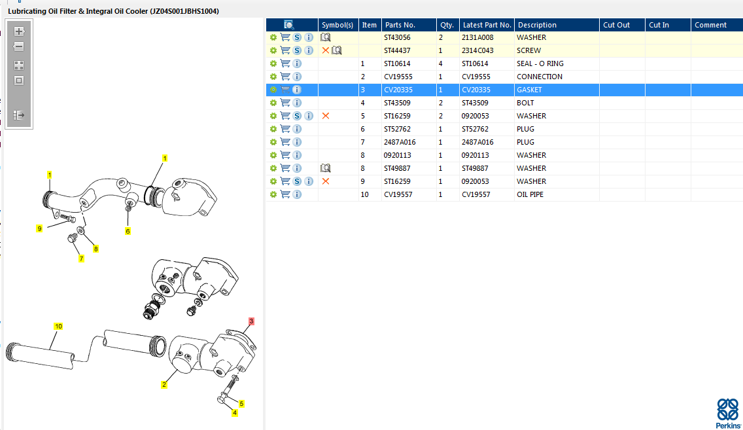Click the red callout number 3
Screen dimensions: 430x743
click(x=251, y=321)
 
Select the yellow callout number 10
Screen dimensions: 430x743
click(x=58, y=326)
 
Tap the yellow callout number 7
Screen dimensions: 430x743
click(x=82, y=259)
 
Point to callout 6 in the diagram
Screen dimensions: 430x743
click(x=128, y=231)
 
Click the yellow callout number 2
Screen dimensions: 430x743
click(x=164, y=385)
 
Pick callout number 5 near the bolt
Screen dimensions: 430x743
click(x=241, y=404)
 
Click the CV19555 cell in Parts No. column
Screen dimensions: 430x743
click(x=398, y=77)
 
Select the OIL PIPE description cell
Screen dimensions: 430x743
click(x=530, y=194)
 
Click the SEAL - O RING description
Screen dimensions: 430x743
click(x=540, y=63)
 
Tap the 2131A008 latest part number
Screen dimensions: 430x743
click(x=477, y=37)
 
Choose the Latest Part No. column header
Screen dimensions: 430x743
click(x=487, y=25)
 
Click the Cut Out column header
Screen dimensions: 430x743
click(x=616, y=25)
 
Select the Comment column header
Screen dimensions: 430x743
click(x=710, y=25)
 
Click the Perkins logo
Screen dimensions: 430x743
click(x=728, y=412)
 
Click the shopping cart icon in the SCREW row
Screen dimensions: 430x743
click(x=285, y=50)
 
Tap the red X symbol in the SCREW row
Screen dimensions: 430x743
click(x=326, y=50)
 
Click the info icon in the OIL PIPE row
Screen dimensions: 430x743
click(x=297, y=194)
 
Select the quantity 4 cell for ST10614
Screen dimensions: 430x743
click(x=440, y=63)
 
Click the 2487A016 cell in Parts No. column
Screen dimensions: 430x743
click(x=400, y=142)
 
